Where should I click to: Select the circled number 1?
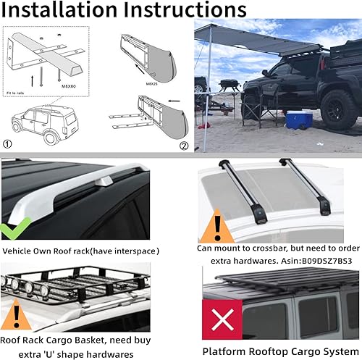9,143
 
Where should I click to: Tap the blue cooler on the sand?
295,119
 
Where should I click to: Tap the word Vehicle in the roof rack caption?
22,251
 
